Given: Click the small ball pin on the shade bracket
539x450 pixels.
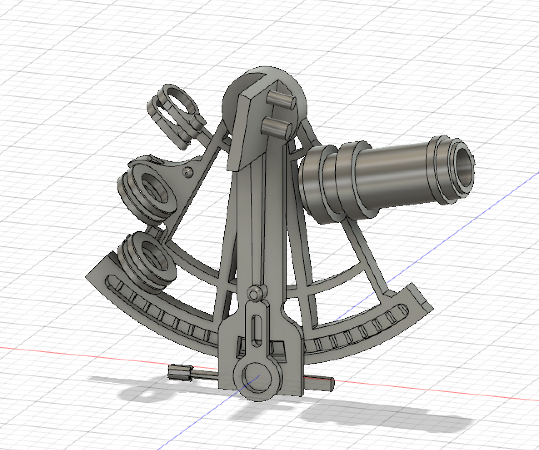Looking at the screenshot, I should coord(188,172).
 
